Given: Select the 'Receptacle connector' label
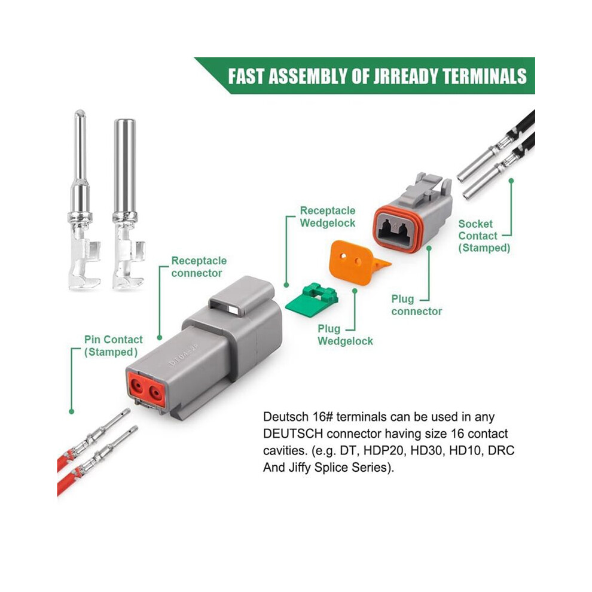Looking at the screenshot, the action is (199, 267).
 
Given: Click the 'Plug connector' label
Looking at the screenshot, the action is (416, 305).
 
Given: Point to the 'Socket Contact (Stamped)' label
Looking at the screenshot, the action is (484, 236).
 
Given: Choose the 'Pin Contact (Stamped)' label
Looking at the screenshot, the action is (113, 346).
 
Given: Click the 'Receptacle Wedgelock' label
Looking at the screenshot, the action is (328, 216).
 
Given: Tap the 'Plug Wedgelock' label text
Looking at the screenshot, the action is (345, 335).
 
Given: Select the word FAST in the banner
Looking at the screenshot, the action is (246, 77).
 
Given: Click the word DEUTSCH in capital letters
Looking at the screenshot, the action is (293, 434).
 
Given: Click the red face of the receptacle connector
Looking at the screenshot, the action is (147, 389).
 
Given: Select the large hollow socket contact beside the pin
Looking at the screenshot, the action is (127, 205).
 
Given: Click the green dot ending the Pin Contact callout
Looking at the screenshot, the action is (72, 411).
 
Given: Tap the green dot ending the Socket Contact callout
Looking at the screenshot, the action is (511, 181).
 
